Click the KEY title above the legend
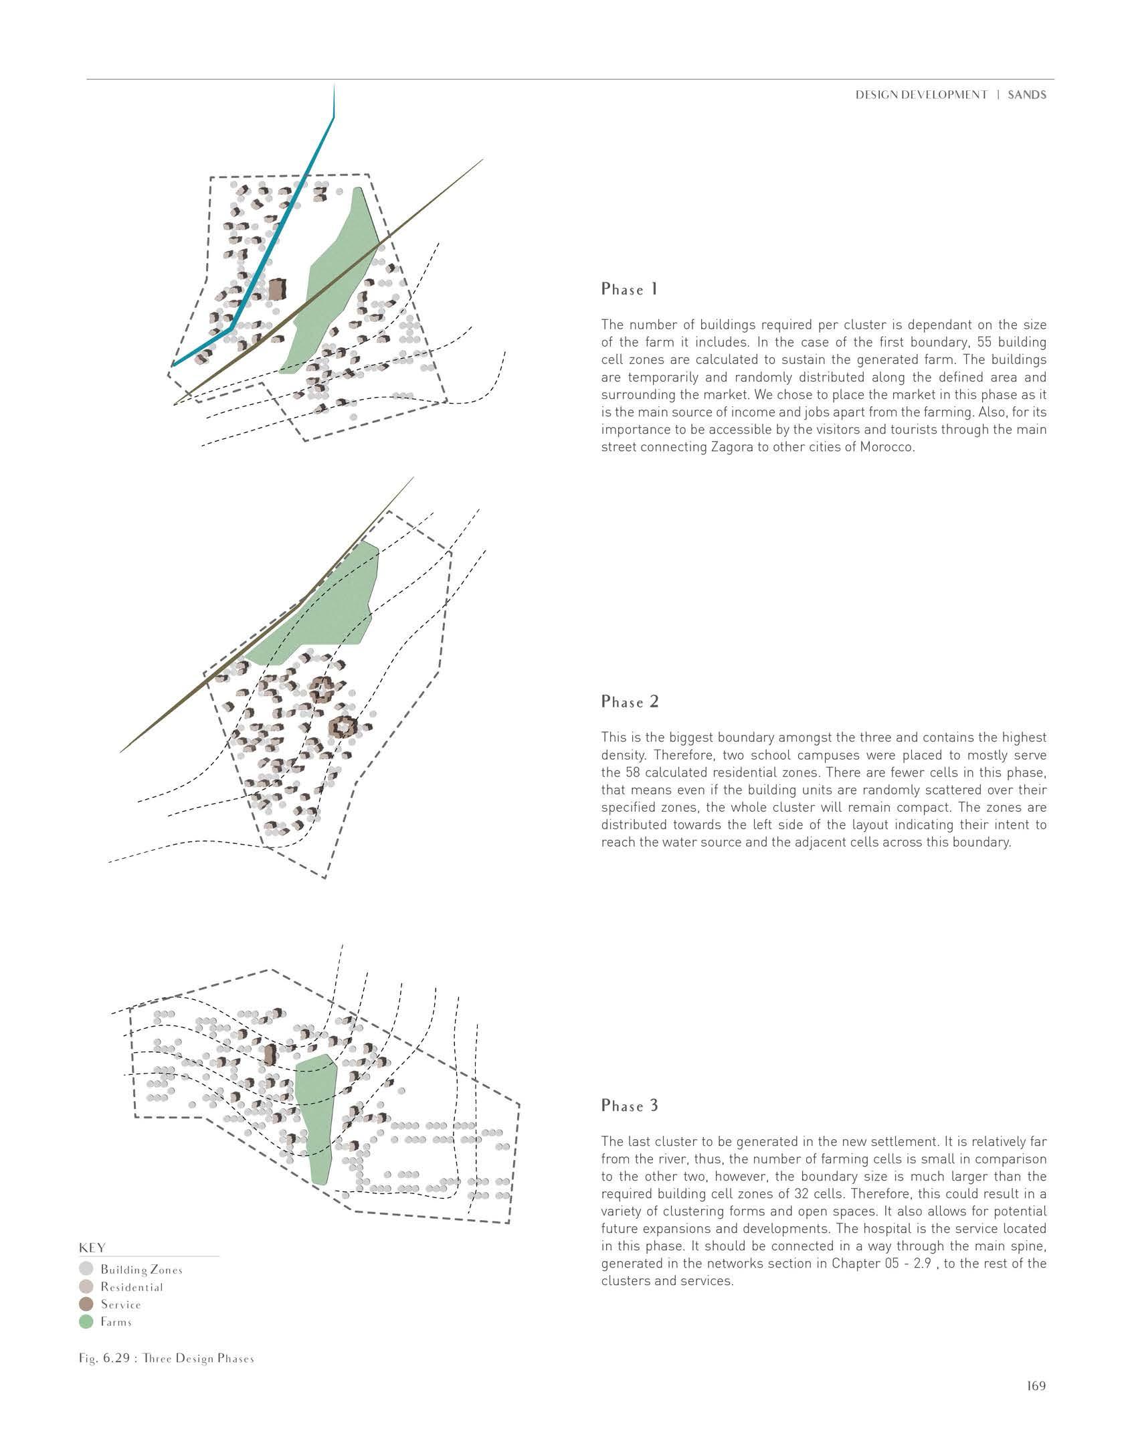point(92,1248)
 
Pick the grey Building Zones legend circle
point(86,1269)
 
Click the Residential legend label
point(132,1286)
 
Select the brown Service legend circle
point(86,1304)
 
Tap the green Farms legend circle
point(86,1321)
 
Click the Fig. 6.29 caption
point(167,1358)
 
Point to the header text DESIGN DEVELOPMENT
point(921,95)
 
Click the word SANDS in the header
point(1027,95)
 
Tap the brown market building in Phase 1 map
point(276,290)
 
